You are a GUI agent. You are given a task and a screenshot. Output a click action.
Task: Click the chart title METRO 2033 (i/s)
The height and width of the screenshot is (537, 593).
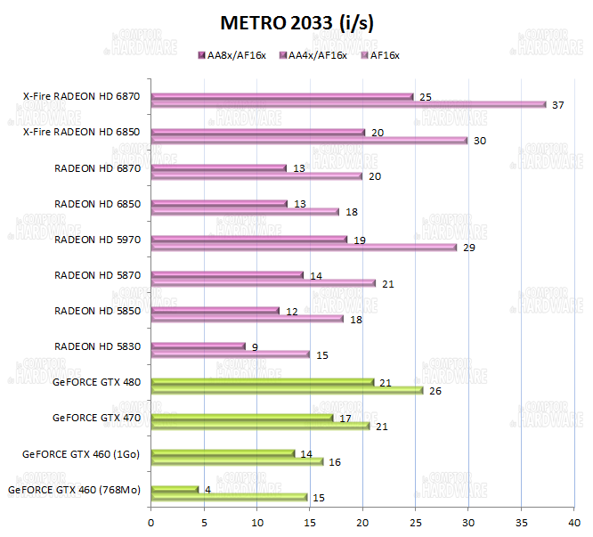click(x=296, y=23)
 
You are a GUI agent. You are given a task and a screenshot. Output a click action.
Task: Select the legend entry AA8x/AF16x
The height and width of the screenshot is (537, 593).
click(x=234, y=55)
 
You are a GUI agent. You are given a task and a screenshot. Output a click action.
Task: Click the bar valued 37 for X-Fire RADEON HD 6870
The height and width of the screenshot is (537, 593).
click(x=348, y=104)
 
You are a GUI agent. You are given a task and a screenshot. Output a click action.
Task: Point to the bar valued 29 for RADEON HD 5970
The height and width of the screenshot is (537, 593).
click(x=304, y=247)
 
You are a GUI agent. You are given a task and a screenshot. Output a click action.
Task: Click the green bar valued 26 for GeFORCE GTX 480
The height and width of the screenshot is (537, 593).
click(x=287, y=390)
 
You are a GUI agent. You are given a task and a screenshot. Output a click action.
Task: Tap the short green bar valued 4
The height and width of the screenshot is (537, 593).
click(x=175, y=489)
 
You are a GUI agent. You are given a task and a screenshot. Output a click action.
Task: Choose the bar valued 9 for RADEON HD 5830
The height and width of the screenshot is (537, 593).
click(x=198, y=346)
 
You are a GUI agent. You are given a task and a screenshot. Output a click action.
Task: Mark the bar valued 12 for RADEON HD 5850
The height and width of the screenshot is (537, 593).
click(x=215, y=311)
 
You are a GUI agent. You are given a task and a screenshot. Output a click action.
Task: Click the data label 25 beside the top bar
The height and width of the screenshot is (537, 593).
click(x=426, y=96)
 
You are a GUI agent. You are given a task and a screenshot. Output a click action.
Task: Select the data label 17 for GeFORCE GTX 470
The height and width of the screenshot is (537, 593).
click(x=345, y=418)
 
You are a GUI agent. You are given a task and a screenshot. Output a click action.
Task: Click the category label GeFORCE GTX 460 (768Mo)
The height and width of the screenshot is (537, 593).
click(x=74, y=489)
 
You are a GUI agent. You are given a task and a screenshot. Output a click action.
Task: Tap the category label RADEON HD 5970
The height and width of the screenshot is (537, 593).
click(x=98, y=239)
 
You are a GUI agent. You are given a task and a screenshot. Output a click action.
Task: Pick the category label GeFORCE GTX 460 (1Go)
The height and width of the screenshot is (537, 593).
click(x=82, y=453)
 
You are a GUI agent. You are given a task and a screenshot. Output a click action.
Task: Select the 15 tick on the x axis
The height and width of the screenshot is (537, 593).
click(x=310, y=523)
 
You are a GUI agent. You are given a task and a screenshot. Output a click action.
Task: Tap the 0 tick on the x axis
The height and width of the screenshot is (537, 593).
click(x=151, y=523)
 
